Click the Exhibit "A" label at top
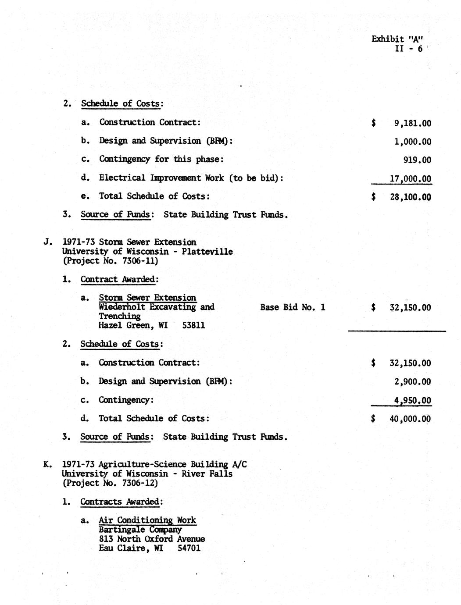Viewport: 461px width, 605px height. coord(393,39)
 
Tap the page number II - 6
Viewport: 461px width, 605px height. coord(409,49)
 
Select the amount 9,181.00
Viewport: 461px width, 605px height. coord(412,123)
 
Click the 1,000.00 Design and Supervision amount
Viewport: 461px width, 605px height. coord(412,142)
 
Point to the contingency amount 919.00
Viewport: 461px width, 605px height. coord(417,160)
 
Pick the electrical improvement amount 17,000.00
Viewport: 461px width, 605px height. coord(410,178)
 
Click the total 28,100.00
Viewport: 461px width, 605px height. coord(410,197)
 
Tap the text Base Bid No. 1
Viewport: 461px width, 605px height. coord(293,307)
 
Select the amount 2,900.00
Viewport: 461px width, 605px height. coord(412,381)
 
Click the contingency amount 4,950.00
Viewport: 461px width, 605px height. coord(412,400)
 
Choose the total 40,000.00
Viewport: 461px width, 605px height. coord(410,419)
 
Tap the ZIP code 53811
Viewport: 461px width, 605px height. coord(193,326)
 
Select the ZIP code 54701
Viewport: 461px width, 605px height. coord(189,548)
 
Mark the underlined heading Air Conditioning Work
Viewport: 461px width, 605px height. coord(147,520)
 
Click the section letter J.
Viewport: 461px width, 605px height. coord(47,242)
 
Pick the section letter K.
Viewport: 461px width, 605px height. coord(47,464)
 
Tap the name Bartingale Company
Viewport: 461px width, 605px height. coord(140,530)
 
